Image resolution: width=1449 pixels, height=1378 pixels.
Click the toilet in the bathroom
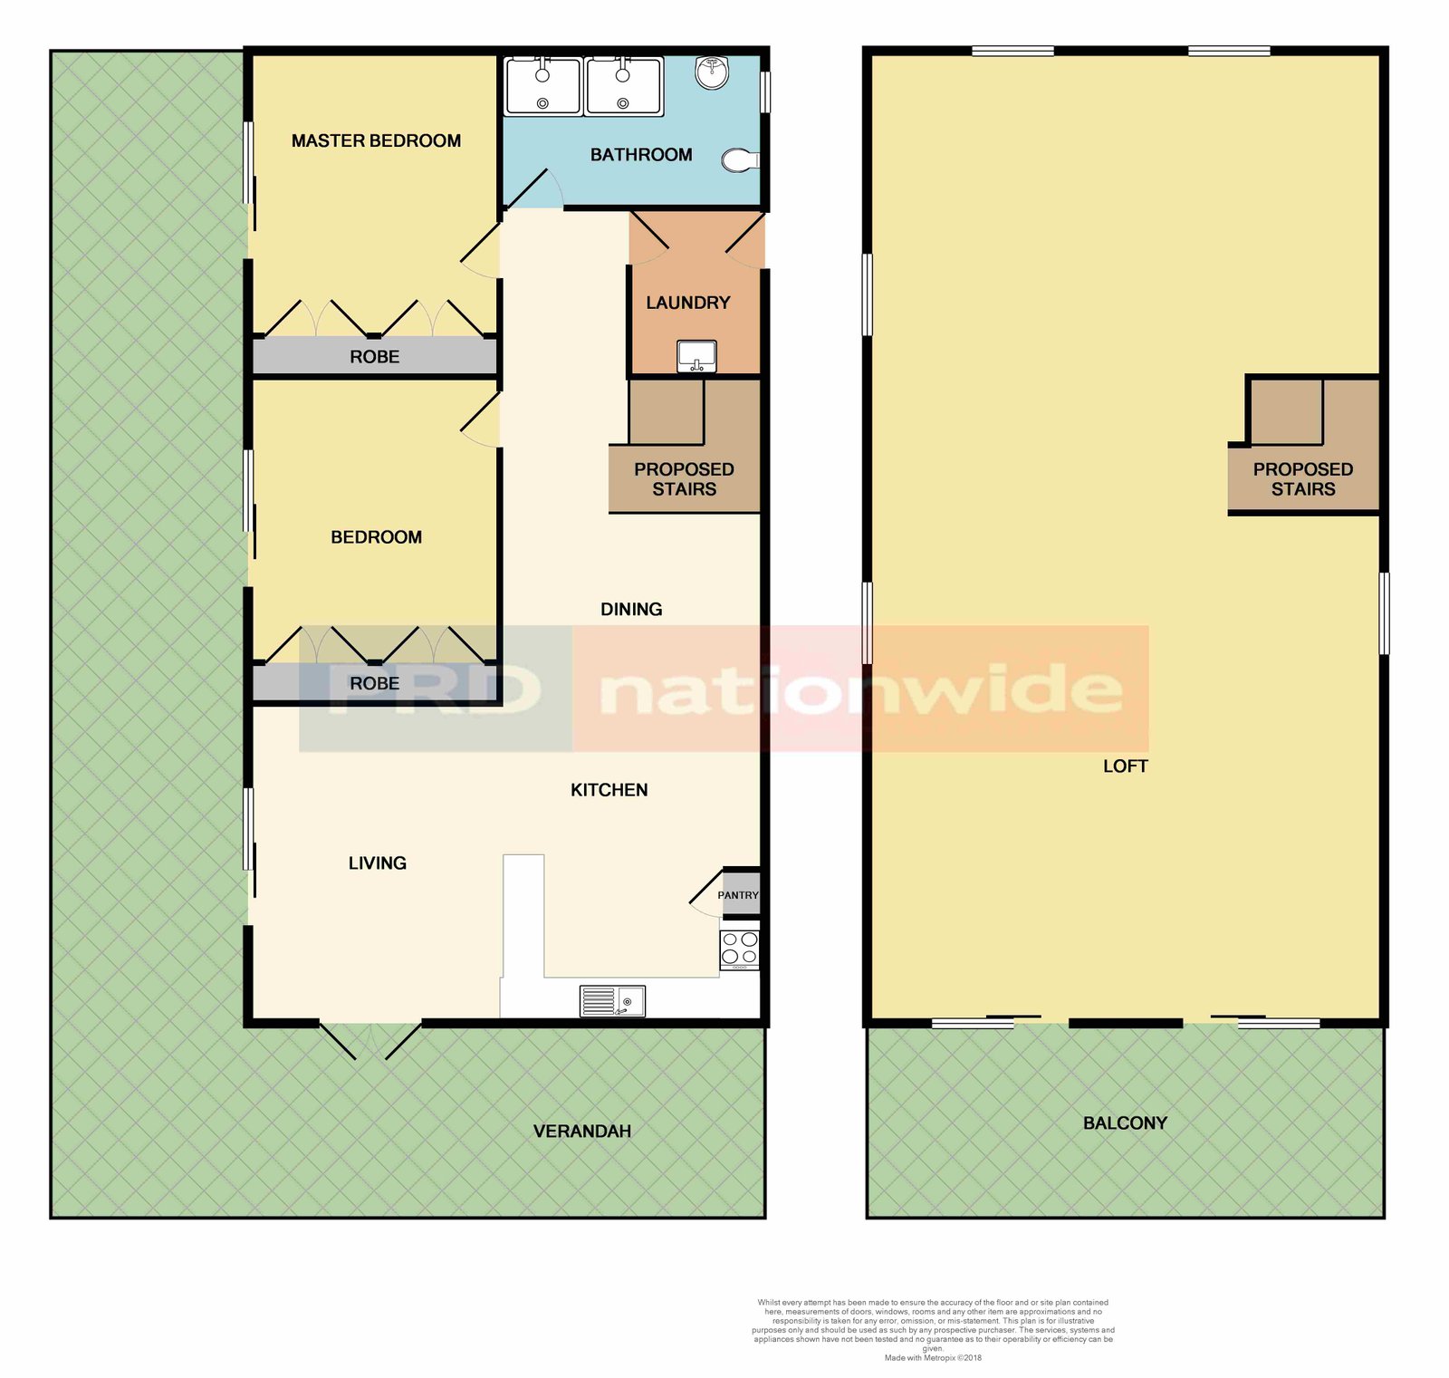[741, 161]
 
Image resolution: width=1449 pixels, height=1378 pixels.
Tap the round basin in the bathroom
[713, 72]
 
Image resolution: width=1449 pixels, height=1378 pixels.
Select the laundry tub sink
[696, 355]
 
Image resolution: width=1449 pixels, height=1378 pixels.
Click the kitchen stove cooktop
[739, 949]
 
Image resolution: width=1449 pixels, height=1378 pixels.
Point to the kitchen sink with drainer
[612, 1001]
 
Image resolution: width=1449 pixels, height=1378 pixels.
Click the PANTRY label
[737, 895]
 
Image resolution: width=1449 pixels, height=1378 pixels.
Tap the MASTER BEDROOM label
[376, 140]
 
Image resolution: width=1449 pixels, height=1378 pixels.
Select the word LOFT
[1125, 766]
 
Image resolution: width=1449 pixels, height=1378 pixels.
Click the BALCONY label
[1125, 1123]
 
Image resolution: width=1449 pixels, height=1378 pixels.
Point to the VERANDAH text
[581, 1132]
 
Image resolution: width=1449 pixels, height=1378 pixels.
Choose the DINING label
[631, 610]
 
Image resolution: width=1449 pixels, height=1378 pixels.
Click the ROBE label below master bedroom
[374, 357]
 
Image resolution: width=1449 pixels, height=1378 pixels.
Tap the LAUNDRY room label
[687, 303]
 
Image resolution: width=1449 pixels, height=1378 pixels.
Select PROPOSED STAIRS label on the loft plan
[1302, 479]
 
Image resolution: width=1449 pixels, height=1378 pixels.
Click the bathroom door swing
[534, 188]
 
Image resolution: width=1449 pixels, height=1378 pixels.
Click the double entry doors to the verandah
[369, 1039]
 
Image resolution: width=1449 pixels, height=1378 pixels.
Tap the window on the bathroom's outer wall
[765, 92]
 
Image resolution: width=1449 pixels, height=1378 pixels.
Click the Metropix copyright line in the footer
[932, 1357]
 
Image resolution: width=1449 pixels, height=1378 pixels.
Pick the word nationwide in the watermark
[860, 690]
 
